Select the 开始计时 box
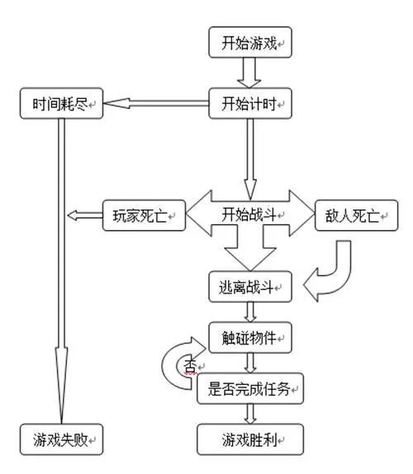250,104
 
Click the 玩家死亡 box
140,216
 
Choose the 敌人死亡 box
354,216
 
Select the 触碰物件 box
250,336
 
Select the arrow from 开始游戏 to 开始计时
250,73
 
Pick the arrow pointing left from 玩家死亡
84,216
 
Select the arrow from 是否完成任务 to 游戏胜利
250,412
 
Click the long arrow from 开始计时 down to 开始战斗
250,157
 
